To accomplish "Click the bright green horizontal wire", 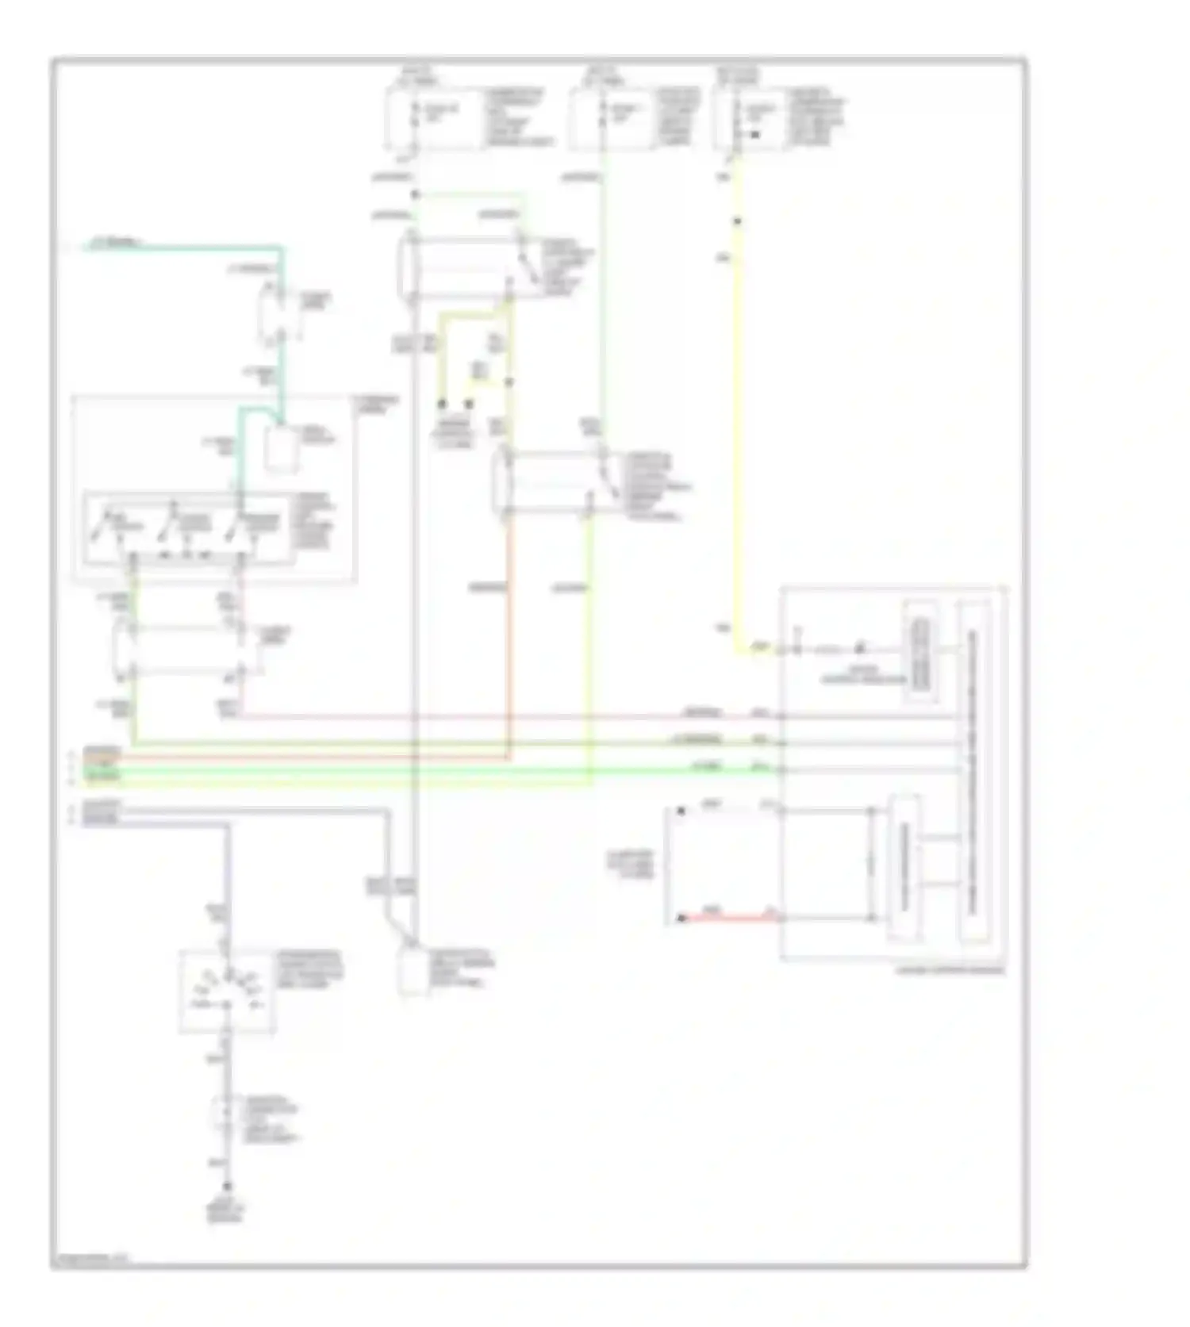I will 444,769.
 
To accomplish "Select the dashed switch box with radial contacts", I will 228,991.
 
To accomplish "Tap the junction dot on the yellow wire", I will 737,221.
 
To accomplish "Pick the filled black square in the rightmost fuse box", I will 754,135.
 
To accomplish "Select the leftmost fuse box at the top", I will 436,119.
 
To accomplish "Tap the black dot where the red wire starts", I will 681,919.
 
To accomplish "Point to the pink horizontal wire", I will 508,717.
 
